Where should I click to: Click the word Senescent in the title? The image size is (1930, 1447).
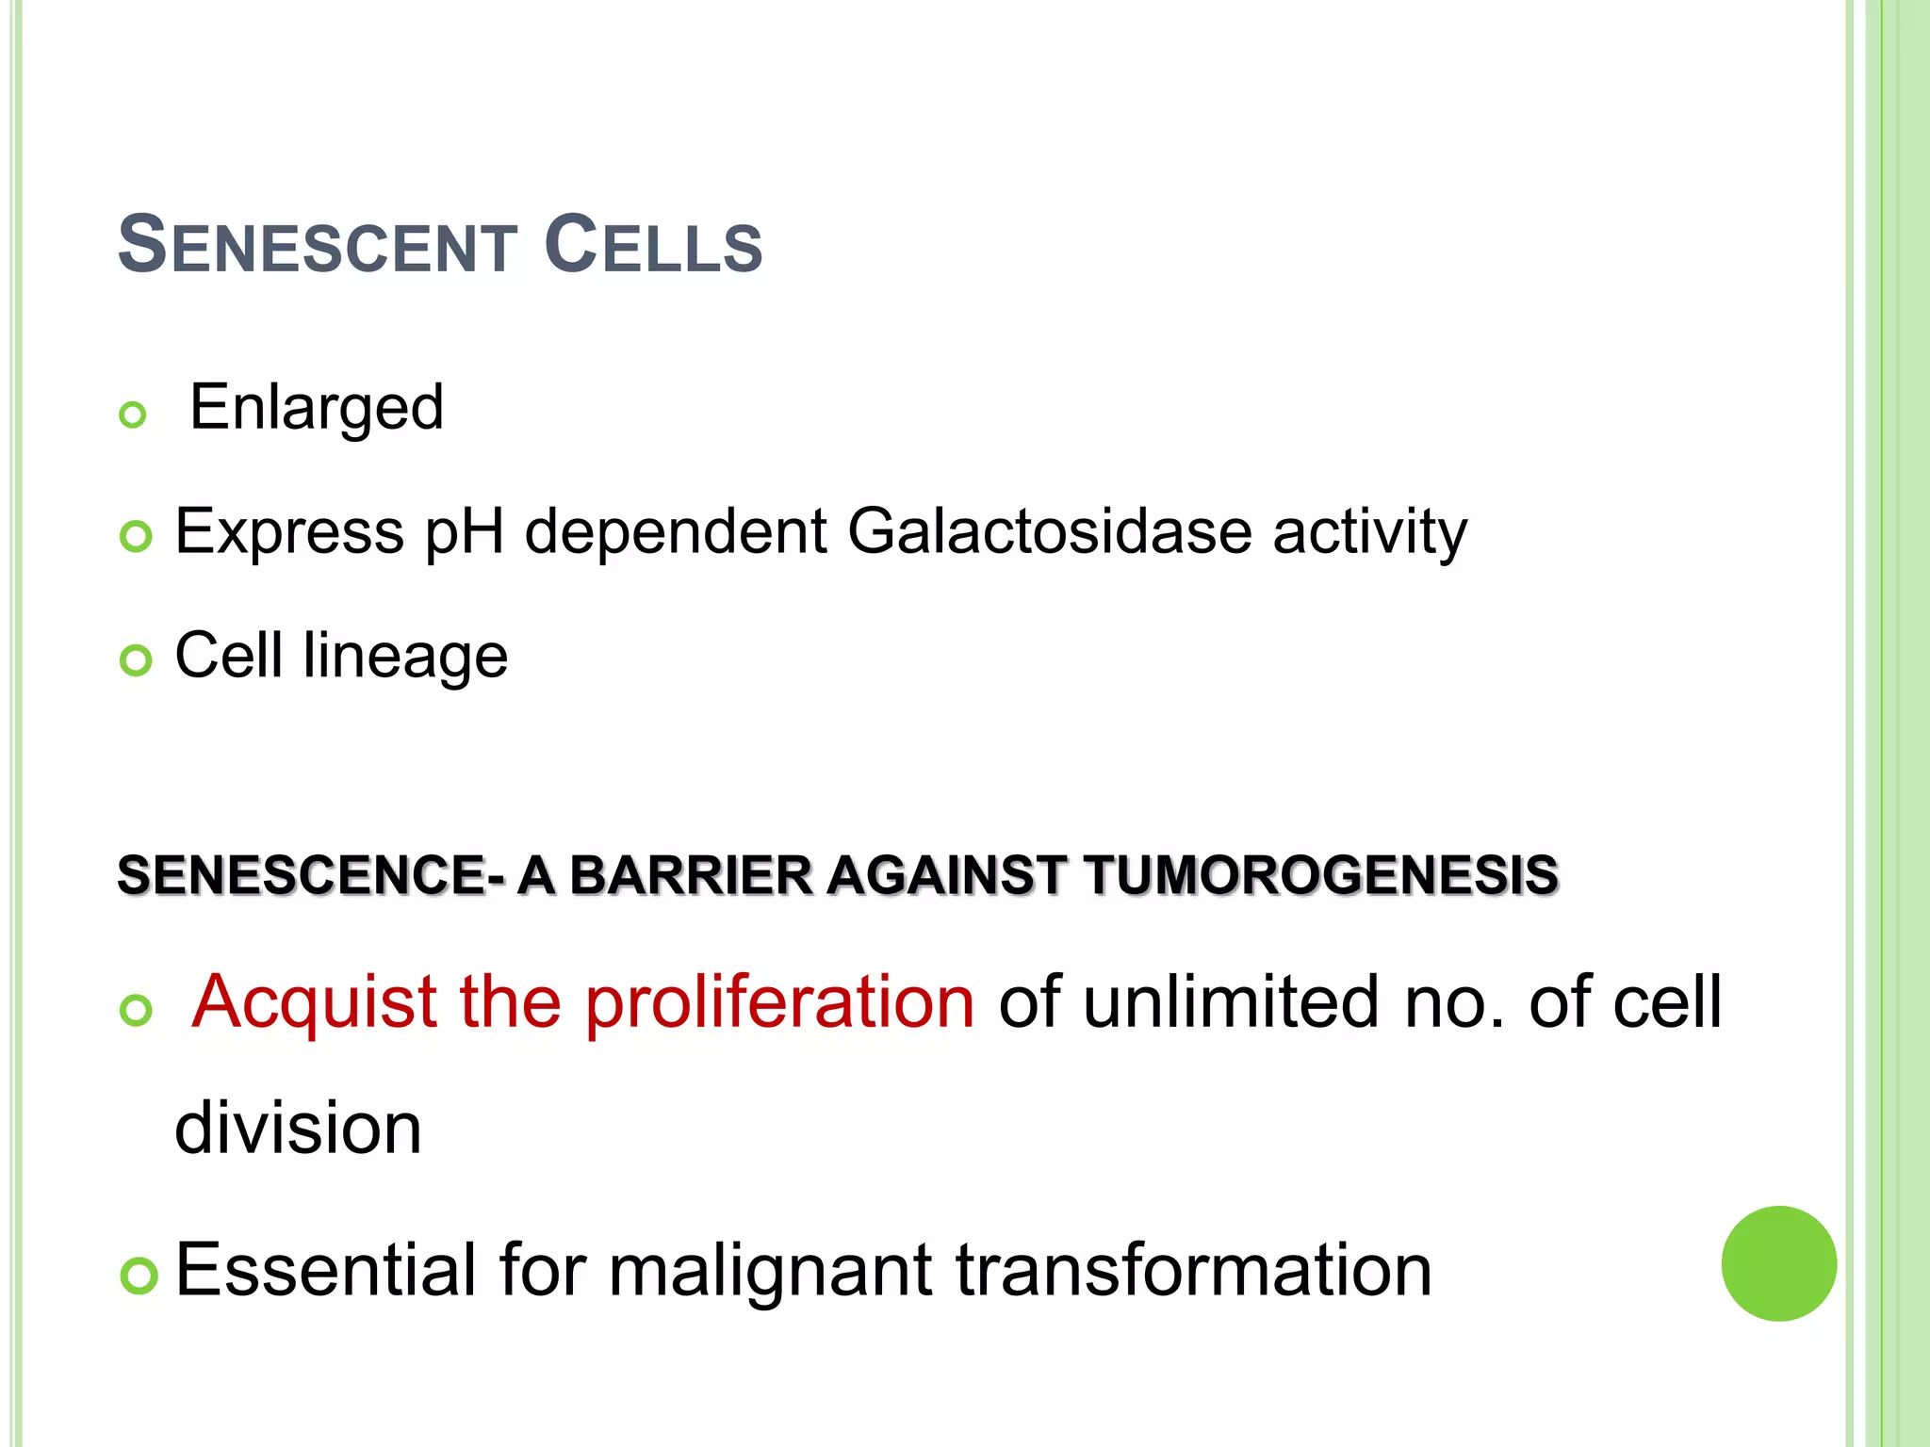(x=317, y=246)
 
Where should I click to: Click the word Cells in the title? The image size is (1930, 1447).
(x=653, y=246)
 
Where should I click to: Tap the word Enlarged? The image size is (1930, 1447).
(x=317, y=409)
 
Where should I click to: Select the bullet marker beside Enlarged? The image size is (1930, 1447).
(x=134, y=415)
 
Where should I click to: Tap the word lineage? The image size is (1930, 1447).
(x=405, y=658)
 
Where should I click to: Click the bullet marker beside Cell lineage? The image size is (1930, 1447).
(x=136, y=660)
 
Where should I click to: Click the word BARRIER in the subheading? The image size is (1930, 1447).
(x=691, y=875)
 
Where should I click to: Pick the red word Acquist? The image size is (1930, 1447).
(x=314, y=1002)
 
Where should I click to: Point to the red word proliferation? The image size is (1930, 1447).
(x=779, y=1002)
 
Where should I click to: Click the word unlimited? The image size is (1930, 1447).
(x=1231, y=1002)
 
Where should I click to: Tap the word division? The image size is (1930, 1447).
(x=298, y=1128)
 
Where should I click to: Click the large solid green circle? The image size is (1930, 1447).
(x=1778, y=1263)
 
